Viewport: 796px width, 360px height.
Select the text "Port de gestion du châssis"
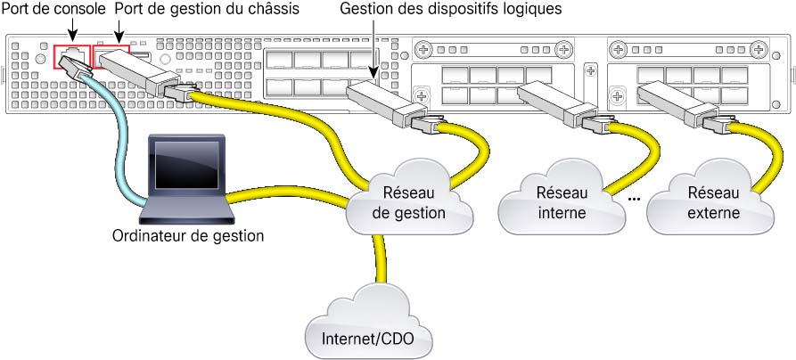point(207,9)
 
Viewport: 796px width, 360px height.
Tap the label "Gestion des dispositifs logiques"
point(450,9)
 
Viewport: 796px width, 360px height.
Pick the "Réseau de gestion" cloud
point(408,199)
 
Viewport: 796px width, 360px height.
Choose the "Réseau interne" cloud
point(561,199)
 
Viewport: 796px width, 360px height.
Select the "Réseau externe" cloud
point(713,199)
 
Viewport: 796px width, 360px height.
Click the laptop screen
point(187,166)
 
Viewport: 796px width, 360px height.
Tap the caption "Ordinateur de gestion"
point(188,236)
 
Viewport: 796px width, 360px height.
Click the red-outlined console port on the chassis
point(72,56)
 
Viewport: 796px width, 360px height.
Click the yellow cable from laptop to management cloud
point(287,194)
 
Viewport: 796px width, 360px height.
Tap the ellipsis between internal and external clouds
point(634,200)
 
